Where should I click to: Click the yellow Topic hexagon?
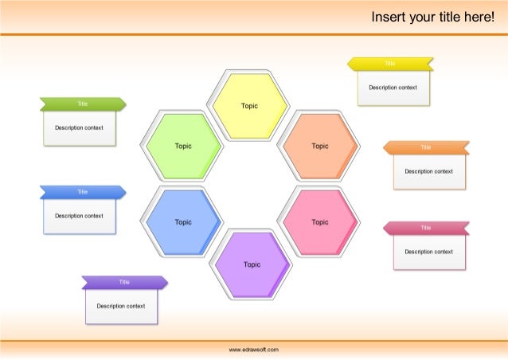249,106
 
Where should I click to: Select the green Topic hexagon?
182,146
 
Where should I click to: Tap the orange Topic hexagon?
319,146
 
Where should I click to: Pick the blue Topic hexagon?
182,222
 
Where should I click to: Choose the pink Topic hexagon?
319,222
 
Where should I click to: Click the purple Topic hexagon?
252,264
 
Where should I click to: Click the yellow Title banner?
390,64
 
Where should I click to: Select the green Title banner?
83,104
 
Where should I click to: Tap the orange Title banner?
426,147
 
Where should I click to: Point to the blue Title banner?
83,192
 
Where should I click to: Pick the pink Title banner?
426,228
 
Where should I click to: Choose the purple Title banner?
124,282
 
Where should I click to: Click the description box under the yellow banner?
393,88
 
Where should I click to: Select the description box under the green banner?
79,128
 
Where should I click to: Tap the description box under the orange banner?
428,171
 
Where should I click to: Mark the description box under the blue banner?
79,217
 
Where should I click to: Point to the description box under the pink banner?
428,252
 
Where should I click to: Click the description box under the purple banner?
121,307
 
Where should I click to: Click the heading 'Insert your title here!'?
432,17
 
